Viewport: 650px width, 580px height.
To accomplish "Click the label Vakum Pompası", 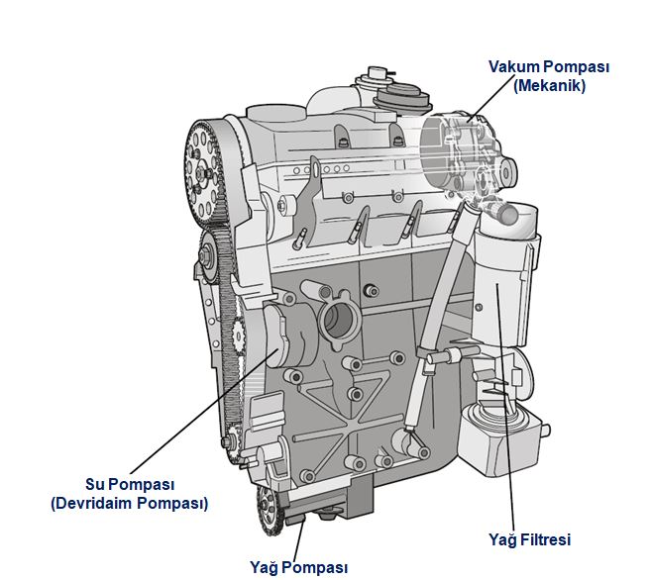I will [x=548, y=67].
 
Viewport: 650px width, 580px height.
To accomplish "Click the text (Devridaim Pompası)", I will [x=129, y=504].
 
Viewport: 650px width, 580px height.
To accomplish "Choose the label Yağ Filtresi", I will [x=530, y=539].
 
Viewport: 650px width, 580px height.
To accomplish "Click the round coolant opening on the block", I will [x=338, y=321].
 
